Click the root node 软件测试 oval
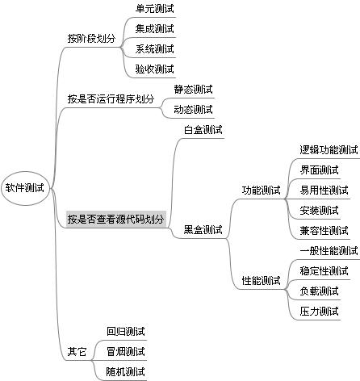pyautogui.click(x=26, y=188)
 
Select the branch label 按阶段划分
pyautogui.click(x=91, y=39)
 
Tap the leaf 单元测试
pyautogui.click(x=155, y=9)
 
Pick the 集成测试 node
pyautogui.click(x=155, y=29)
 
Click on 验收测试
pyautogui.click(x=155, y=69)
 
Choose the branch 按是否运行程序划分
pyautogui.click(x=111, y=99)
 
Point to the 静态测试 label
pyautogui.click(x=193, y=90)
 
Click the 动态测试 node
pyautogui.click(x=193, y=110)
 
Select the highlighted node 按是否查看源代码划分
pyautogui.click(x=116, y=219)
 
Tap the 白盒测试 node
pyautogui.click(x=203, y=130)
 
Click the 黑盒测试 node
pyautogui.click(x=203, y=230)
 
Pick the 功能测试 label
pyautogui.click(x=261, y=190)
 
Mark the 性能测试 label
pyautogui.click(x=261, y=281)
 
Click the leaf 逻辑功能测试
pyautogui.click(x=329, y=150)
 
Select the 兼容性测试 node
pyautogui.click(x=324, y=231)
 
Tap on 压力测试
pyautogui.click(x=320, y=312)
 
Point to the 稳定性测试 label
pyautogui.click(x=324, y=271)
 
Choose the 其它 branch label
pyautogui.click(x=77, y=351)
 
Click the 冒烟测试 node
pyautogui.click(x=126, y=351)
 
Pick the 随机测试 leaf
pyautogui.click(x=126, y=371)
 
